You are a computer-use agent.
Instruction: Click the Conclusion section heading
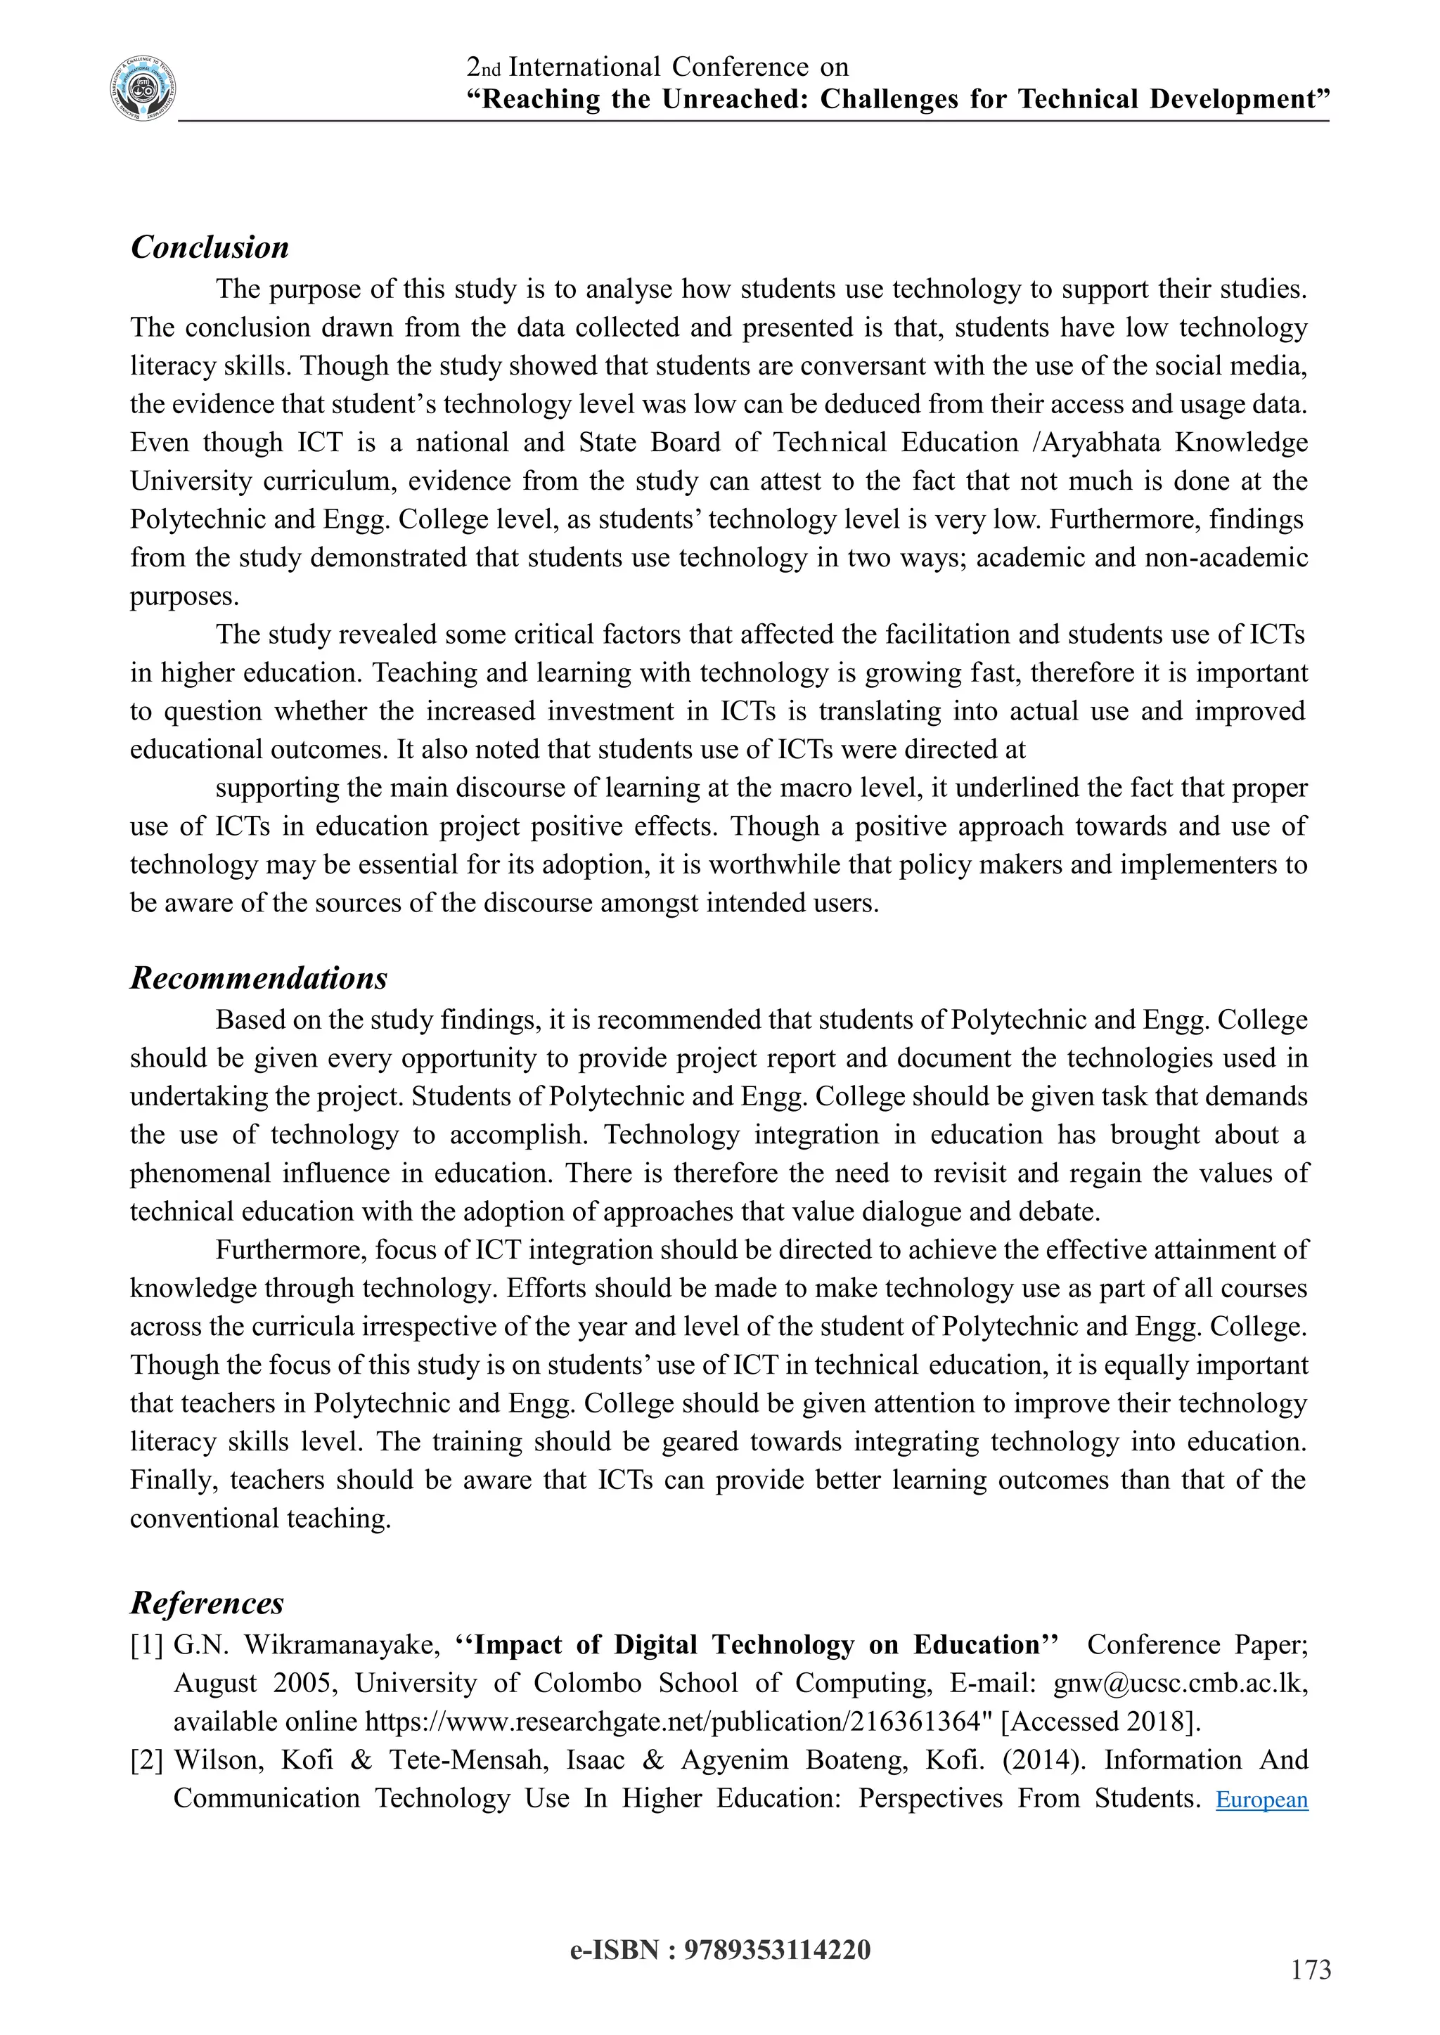point(210,247)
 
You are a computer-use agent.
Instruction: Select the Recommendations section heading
point(259,977)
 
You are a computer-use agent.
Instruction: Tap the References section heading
point(207,1602)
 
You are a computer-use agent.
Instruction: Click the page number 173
point(1311,1970)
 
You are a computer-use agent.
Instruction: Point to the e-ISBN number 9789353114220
point(777,1950)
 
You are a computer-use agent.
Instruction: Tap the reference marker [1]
point(147,1646)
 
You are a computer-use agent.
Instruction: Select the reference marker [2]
point(147,1760)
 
